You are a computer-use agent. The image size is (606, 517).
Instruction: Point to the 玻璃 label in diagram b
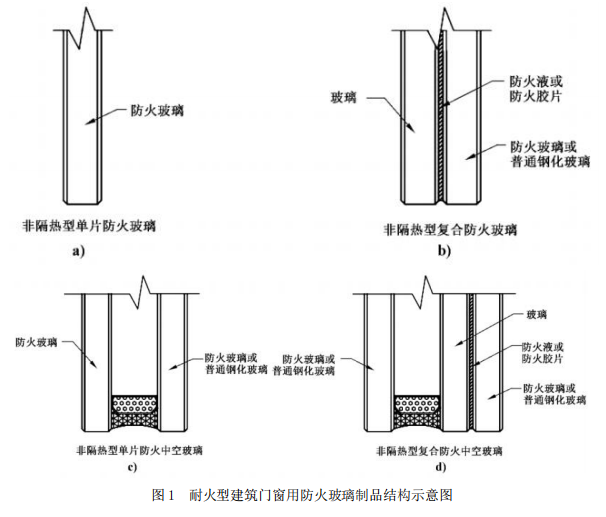(x=346, y=99)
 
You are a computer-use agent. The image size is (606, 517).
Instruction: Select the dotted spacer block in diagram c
(x=134, y=404)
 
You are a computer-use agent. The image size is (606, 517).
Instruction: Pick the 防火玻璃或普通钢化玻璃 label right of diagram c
(x=235, y=362)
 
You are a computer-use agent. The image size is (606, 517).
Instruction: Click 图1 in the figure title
(x=162, y=495)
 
